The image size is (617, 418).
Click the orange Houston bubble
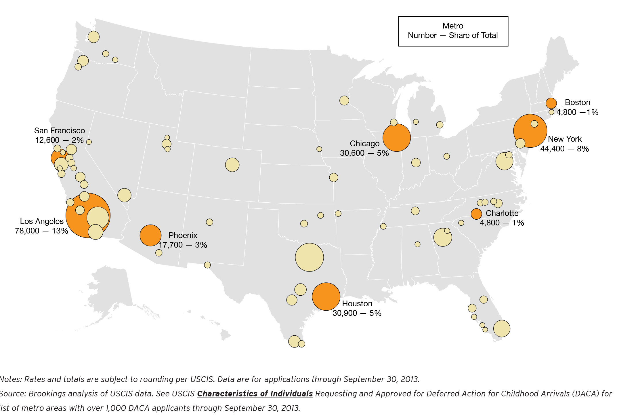[326, 296]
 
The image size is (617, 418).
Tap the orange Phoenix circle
[150, 235]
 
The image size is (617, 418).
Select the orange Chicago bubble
[396, 138]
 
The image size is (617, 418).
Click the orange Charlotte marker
[476, 214]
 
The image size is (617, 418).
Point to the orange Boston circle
[551, 103]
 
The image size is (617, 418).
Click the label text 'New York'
[565, 139]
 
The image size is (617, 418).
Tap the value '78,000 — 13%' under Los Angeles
[41, 231]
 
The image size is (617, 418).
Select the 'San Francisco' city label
[60, 131]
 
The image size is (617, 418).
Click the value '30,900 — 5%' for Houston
[357, 313]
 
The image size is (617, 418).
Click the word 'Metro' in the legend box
[453, 26]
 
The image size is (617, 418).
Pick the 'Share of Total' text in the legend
[473, 35]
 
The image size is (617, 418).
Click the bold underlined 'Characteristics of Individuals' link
[255, 394]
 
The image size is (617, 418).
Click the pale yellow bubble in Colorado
[232, 165]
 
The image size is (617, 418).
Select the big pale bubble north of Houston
[309, 257]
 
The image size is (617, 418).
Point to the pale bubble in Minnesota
[344, 100]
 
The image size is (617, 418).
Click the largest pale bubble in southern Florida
[502, 328]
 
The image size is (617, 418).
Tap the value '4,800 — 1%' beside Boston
[577, 112]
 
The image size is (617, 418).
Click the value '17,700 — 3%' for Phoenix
[183, 245]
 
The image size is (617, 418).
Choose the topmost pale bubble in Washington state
[93, 37]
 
